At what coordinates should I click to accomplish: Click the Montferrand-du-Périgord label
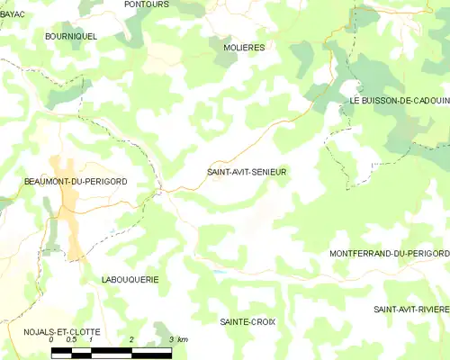(x=389, y=254)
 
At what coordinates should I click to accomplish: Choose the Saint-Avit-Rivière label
(x=410, y=309)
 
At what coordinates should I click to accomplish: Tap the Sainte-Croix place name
(x=247, y=320)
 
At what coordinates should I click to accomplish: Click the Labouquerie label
(x=130, y=279)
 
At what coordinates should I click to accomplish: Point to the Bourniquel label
(x=70, y=36)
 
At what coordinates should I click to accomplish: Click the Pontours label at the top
(x=147, y=4)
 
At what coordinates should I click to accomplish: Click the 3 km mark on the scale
(x=171, y=340)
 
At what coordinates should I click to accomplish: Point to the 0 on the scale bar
(x=52, y=340)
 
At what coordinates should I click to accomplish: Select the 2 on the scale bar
(x=131, y=340)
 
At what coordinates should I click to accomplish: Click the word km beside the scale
(x=183, y=340)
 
